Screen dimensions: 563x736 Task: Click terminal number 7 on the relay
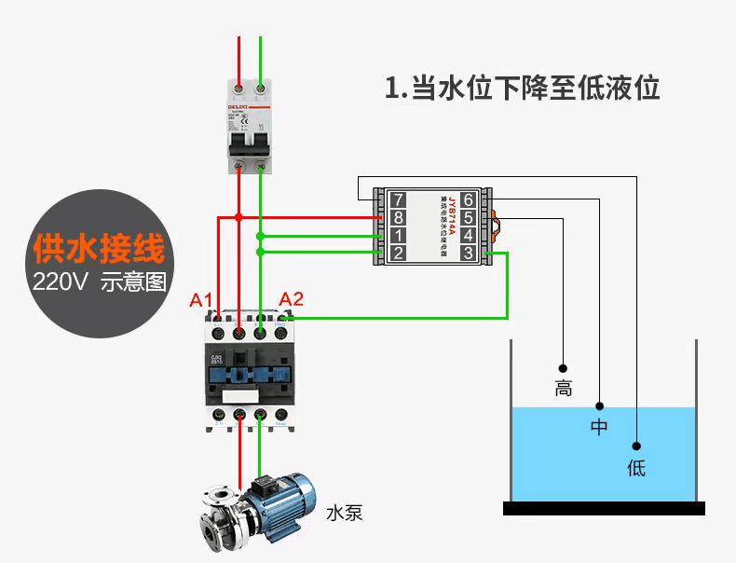point(398,199)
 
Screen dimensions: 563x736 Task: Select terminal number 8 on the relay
point(398,217)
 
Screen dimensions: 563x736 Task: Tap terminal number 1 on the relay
point(398,235)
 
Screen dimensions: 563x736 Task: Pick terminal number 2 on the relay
point(398,253)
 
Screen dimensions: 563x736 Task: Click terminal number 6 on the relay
point(468,199)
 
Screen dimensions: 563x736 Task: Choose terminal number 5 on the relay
point(468,217)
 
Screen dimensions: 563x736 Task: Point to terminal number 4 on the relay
point(468,235)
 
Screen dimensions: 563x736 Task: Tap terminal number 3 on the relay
point(468,253)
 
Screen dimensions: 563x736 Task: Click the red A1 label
point(202,300)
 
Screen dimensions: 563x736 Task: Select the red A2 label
point(292,299)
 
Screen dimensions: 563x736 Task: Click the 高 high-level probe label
point(563,389)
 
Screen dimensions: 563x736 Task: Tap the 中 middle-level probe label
point(599,428)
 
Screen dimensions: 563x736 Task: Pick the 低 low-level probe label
point(636,467)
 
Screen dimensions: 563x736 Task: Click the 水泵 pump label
point(344,513)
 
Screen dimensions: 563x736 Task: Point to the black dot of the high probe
point(563,366)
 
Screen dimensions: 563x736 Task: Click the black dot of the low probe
point(636,446)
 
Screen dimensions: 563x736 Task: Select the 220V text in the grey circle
point(60,282)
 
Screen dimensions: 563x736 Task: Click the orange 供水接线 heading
point(98,249)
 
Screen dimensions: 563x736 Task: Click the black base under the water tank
point(604,508)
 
